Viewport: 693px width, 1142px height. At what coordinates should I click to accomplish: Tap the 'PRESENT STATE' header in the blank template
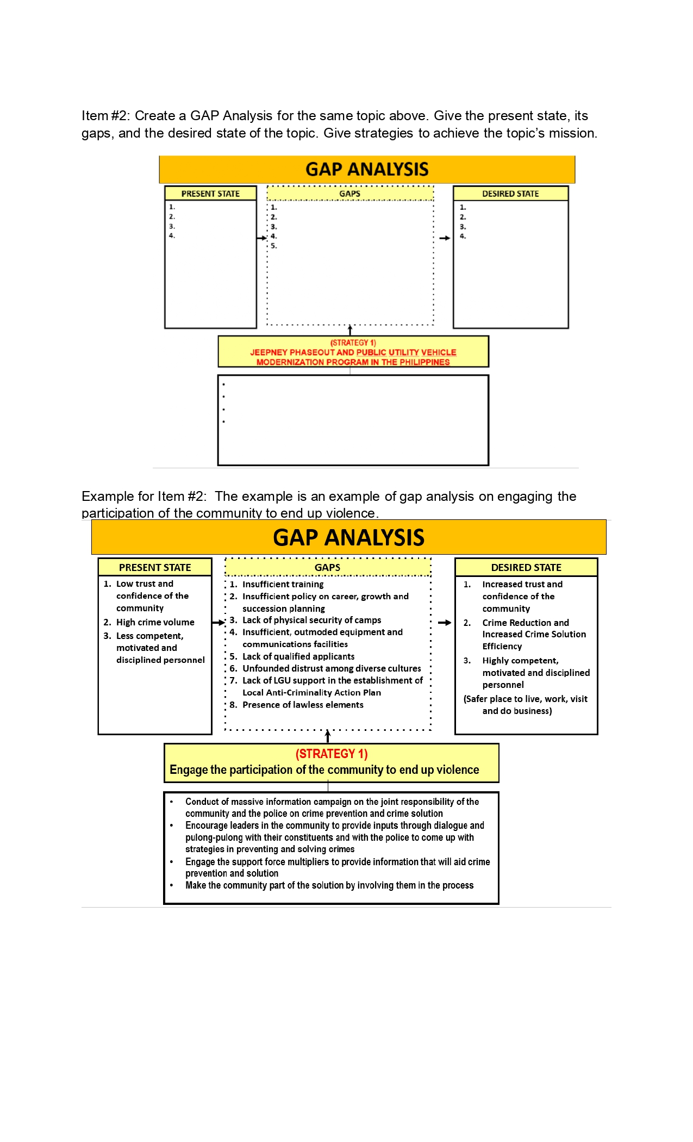[x=210, y=194]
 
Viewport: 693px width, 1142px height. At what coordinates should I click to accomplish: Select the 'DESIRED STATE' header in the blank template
[x=510, y=194]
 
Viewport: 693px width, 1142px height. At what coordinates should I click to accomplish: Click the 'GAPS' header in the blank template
[x=349, y=194]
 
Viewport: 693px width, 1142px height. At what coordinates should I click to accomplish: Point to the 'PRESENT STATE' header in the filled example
[x=155, y=567]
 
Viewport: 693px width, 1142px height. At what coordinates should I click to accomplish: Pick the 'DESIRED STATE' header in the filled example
[x=526, y=567]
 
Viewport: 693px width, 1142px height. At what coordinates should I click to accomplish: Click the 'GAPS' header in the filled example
[x=327, y=567]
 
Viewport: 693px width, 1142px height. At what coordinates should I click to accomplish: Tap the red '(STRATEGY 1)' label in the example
[x=332, y=754]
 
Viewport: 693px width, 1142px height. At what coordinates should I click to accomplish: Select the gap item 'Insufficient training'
[x=283, y=584]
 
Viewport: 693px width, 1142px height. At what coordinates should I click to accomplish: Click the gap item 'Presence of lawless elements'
[x=303, y=705]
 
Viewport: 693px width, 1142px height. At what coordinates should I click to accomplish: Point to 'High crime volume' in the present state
[x=155, y=622]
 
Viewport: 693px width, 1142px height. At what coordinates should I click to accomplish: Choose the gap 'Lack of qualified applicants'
[x=298, y=656]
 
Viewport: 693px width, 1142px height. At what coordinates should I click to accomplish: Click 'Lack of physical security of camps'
[x=311, y=620]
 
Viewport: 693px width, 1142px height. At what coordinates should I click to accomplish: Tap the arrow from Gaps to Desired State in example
[x=445, y=623]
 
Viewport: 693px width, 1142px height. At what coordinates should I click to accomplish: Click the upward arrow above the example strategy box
[x=328, y=736]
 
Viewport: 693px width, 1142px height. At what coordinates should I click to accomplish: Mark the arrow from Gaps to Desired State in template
[x=445, y=238]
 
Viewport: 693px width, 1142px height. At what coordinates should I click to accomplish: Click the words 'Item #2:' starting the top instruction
[x=105, y=116]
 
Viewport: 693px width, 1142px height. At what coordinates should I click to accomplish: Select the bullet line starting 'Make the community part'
[x=329, y=885]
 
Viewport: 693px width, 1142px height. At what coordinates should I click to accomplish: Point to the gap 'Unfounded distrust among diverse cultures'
[x=332, y=668]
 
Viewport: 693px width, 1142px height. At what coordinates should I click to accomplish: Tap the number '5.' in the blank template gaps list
[x=274, y=246]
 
